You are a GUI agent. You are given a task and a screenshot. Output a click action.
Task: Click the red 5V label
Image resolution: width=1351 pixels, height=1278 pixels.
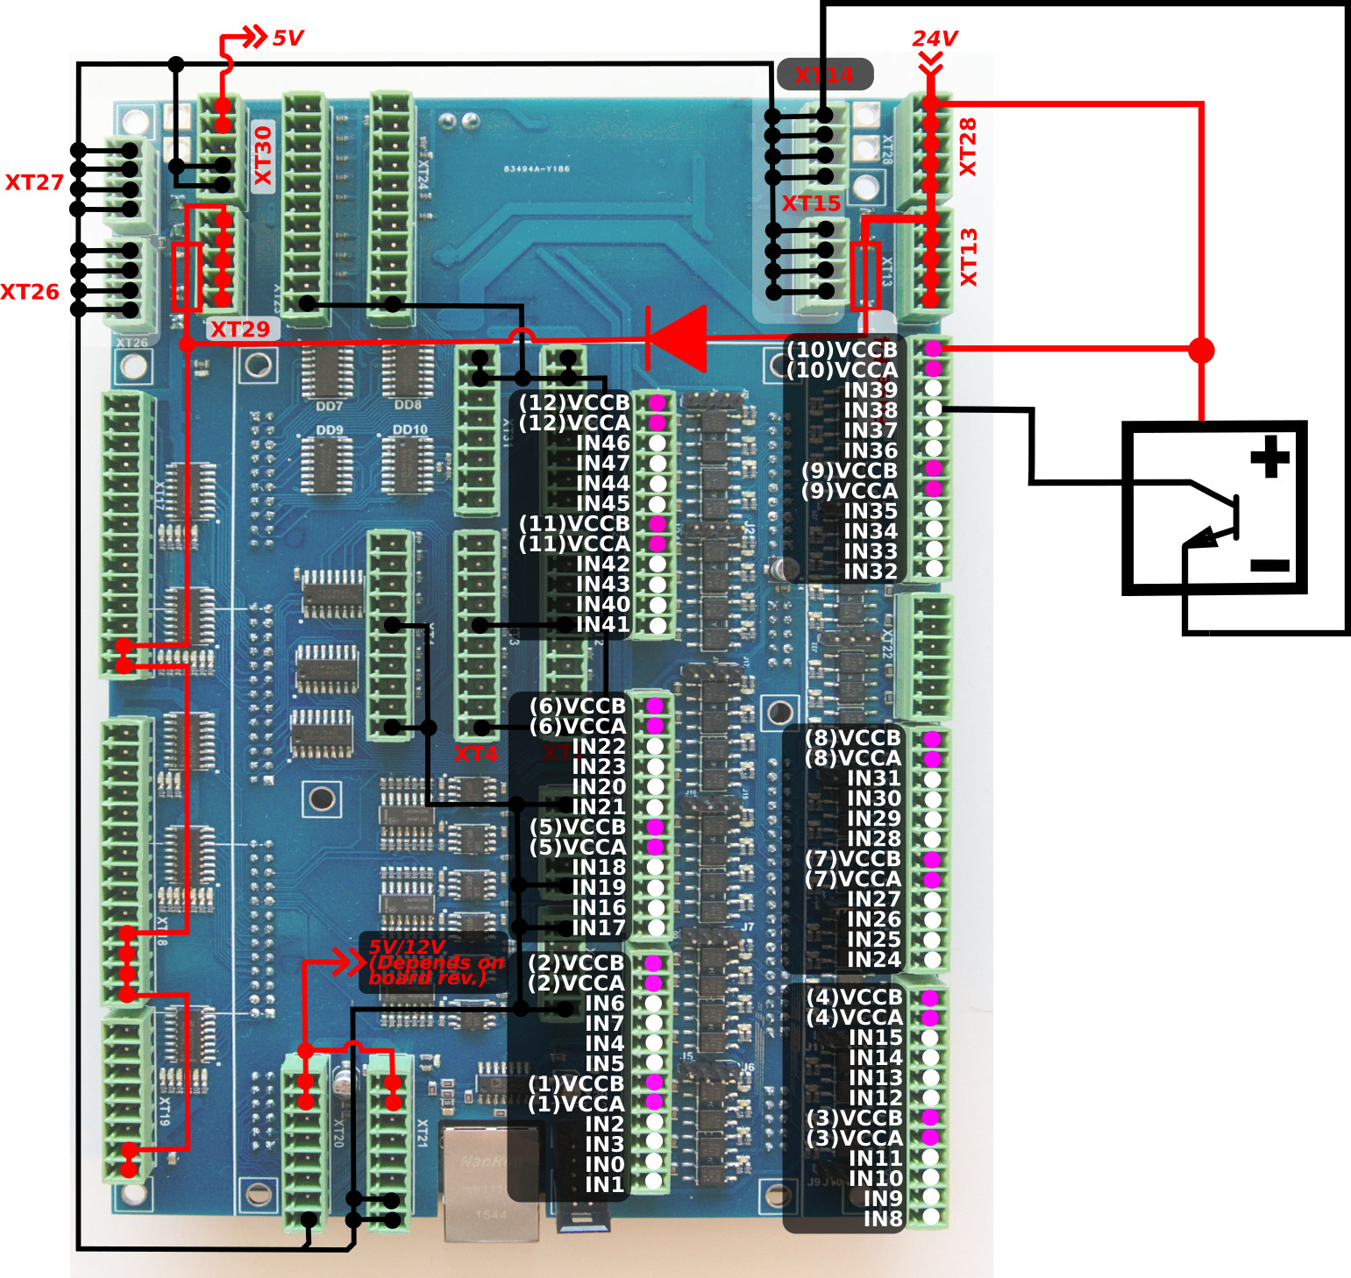288,39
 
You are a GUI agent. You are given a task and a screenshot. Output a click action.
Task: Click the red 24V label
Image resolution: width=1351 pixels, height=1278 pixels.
935,39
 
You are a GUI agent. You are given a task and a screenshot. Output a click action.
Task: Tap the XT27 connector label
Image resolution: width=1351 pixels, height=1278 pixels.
34,182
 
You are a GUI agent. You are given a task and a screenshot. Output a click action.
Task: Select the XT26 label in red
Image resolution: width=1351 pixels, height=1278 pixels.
30,292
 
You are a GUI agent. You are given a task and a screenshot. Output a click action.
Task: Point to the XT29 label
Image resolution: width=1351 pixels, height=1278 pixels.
240,330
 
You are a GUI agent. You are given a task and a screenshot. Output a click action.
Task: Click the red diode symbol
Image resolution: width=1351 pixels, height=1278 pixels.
677,338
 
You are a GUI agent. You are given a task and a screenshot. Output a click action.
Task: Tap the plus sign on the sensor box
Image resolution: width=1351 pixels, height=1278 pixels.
1269,457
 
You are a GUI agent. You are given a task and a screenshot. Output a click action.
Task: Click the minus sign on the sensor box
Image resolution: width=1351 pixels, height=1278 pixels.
1269,565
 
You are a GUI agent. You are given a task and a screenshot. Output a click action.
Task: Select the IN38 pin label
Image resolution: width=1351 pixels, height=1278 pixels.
870,410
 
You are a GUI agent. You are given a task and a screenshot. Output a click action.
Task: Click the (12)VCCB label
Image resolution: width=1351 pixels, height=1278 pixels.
574,402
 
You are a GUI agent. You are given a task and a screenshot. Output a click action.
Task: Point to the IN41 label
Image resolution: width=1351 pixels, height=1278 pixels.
602,624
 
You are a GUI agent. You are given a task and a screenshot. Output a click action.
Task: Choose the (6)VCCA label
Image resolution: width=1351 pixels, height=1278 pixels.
578,726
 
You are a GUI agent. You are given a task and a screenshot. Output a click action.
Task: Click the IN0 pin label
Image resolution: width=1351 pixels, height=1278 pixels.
604,1164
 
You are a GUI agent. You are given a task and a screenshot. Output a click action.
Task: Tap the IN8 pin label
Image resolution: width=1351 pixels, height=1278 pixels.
882,1218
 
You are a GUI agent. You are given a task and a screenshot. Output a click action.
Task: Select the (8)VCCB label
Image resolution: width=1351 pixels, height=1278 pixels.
852,738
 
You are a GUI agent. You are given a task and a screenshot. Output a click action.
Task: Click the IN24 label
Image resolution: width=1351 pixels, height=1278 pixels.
873,960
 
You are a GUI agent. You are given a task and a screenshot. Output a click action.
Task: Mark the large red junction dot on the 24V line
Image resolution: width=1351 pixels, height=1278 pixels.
1201,350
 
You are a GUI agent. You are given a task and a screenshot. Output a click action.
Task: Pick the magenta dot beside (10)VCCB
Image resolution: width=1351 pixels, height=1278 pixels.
934,349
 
